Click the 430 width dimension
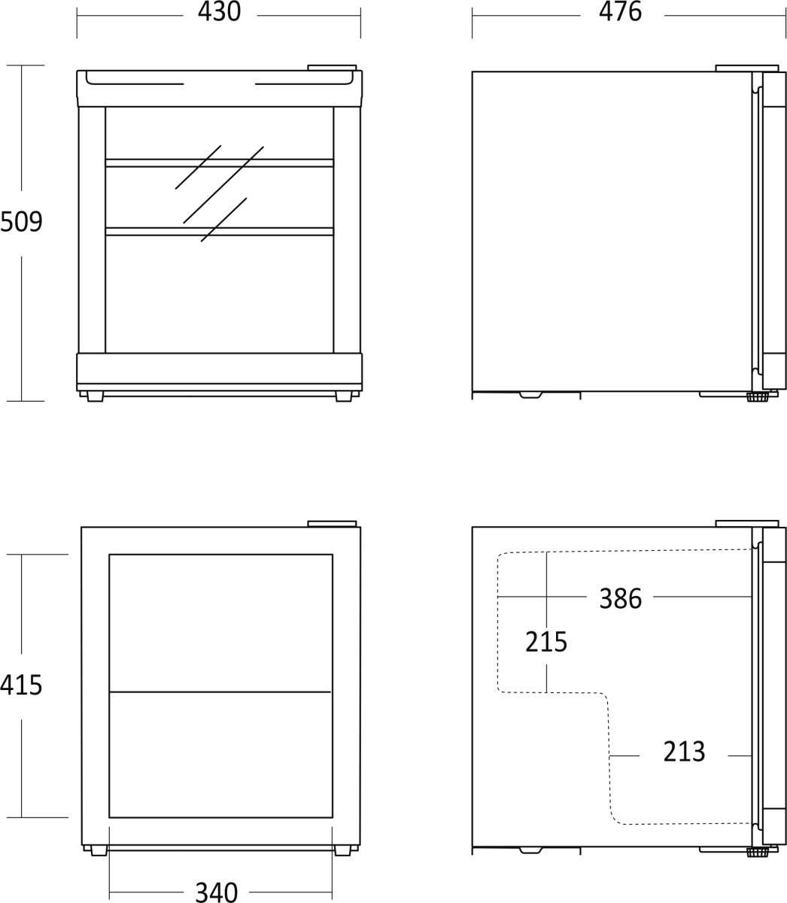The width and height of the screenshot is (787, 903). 219,12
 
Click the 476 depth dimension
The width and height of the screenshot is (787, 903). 620,12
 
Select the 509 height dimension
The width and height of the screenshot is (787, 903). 21,222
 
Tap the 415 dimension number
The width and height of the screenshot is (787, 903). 21,686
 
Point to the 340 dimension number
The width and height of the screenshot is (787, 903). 217,892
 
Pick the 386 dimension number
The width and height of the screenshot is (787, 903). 620,599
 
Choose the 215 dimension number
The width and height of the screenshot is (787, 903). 546,642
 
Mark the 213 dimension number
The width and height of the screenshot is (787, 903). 684,752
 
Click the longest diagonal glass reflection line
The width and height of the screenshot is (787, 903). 223,185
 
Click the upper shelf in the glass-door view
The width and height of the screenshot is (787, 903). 219,163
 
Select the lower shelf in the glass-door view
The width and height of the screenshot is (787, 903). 219,231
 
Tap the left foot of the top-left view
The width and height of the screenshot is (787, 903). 95,397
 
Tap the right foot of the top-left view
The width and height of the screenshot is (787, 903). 344,397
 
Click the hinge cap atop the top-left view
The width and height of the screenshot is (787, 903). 332,68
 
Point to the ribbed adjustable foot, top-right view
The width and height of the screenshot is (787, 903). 757,397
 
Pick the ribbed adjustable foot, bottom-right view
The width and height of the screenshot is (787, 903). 757,853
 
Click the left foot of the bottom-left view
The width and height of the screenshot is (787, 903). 99,850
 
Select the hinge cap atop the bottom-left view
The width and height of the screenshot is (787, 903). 332,524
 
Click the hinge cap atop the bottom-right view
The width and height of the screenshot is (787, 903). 747,524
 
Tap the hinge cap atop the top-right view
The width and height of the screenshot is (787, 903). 747,68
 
